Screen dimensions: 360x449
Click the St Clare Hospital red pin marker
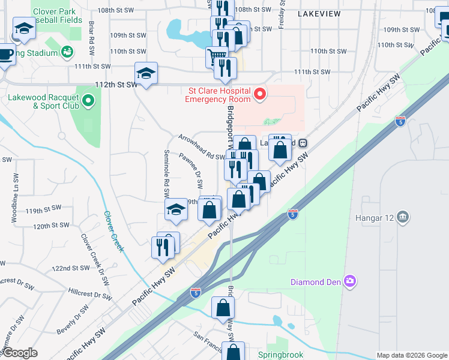(260, 94)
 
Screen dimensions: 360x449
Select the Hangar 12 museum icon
(402, 216)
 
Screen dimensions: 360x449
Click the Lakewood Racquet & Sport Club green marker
(89, 100)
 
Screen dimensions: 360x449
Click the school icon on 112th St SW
(146, 73)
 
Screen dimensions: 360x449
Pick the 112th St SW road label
(114, 85)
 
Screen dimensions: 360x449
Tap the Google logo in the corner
(19, 353)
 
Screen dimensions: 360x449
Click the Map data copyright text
(412, 355)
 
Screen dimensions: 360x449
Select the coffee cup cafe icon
(5, 53)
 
